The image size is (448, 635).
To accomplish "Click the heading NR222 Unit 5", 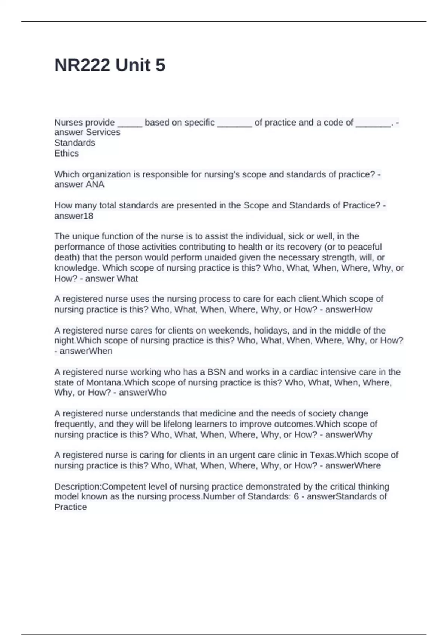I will click(x=110, y=65).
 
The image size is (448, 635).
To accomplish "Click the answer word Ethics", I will click(x=66, y=153).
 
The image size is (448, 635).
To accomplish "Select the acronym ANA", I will click(x=95, y=185).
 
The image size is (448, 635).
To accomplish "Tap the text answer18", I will click(x=74, y=216).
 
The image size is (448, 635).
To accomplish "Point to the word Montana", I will click(x=105, y=382).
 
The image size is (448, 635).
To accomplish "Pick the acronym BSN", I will click(x=217, y=372).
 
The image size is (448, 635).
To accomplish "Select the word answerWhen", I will click(x=86, y=351).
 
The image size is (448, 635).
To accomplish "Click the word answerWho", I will click(x=143, y=393).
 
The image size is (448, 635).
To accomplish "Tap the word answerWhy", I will click(x=349, y=435).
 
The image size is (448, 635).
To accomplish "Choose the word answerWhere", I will click(x=353, y=466).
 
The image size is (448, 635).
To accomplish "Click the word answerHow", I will click(x=349, y=310).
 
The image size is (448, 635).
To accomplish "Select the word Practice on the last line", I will click(x=71, y=507).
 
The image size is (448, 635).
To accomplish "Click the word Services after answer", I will click(x=103, y=132).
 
